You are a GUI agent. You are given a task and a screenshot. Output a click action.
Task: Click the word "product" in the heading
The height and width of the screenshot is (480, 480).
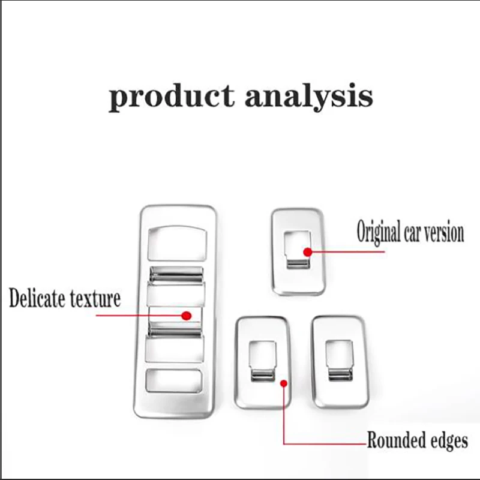click(172, 96)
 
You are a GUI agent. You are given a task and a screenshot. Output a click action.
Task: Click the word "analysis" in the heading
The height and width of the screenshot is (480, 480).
click(309, 96)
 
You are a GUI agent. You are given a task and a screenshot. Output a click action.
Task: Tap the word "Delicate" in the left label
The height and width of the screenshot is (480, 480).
click(37, 298)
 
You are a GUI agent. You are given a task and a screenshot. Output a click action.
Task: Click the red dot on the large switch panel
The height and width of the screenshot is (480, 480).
click(187, 316)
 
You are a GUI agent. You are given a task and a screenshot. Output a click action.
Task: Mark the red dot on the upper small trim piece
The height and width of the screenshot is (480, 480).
click(308, 252)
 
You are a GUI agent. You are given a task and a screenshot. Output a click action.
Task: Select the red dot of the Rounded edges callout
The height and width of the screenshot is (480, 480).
click(284, 383)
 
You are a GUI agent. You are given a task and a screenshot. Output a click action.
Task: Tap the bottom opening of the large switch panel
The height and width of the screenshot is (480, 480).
click(173, 381)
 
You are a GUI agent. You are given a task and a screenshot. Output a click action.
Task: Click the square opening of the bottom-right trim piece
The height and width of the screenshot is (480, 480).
click(339, 360)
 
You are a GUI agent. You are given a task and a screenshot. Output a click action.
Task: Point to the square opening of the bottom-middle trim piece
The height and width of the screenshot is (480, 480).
click(263, 361)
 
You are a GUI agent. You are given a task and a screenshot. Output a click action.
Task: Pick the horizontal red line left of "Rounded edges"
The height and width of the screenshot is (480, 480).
click(325, 443)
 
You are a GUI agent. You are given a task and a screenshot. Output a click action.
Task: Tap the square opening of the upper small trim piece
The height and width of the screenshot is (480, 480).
click(298, 250)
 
